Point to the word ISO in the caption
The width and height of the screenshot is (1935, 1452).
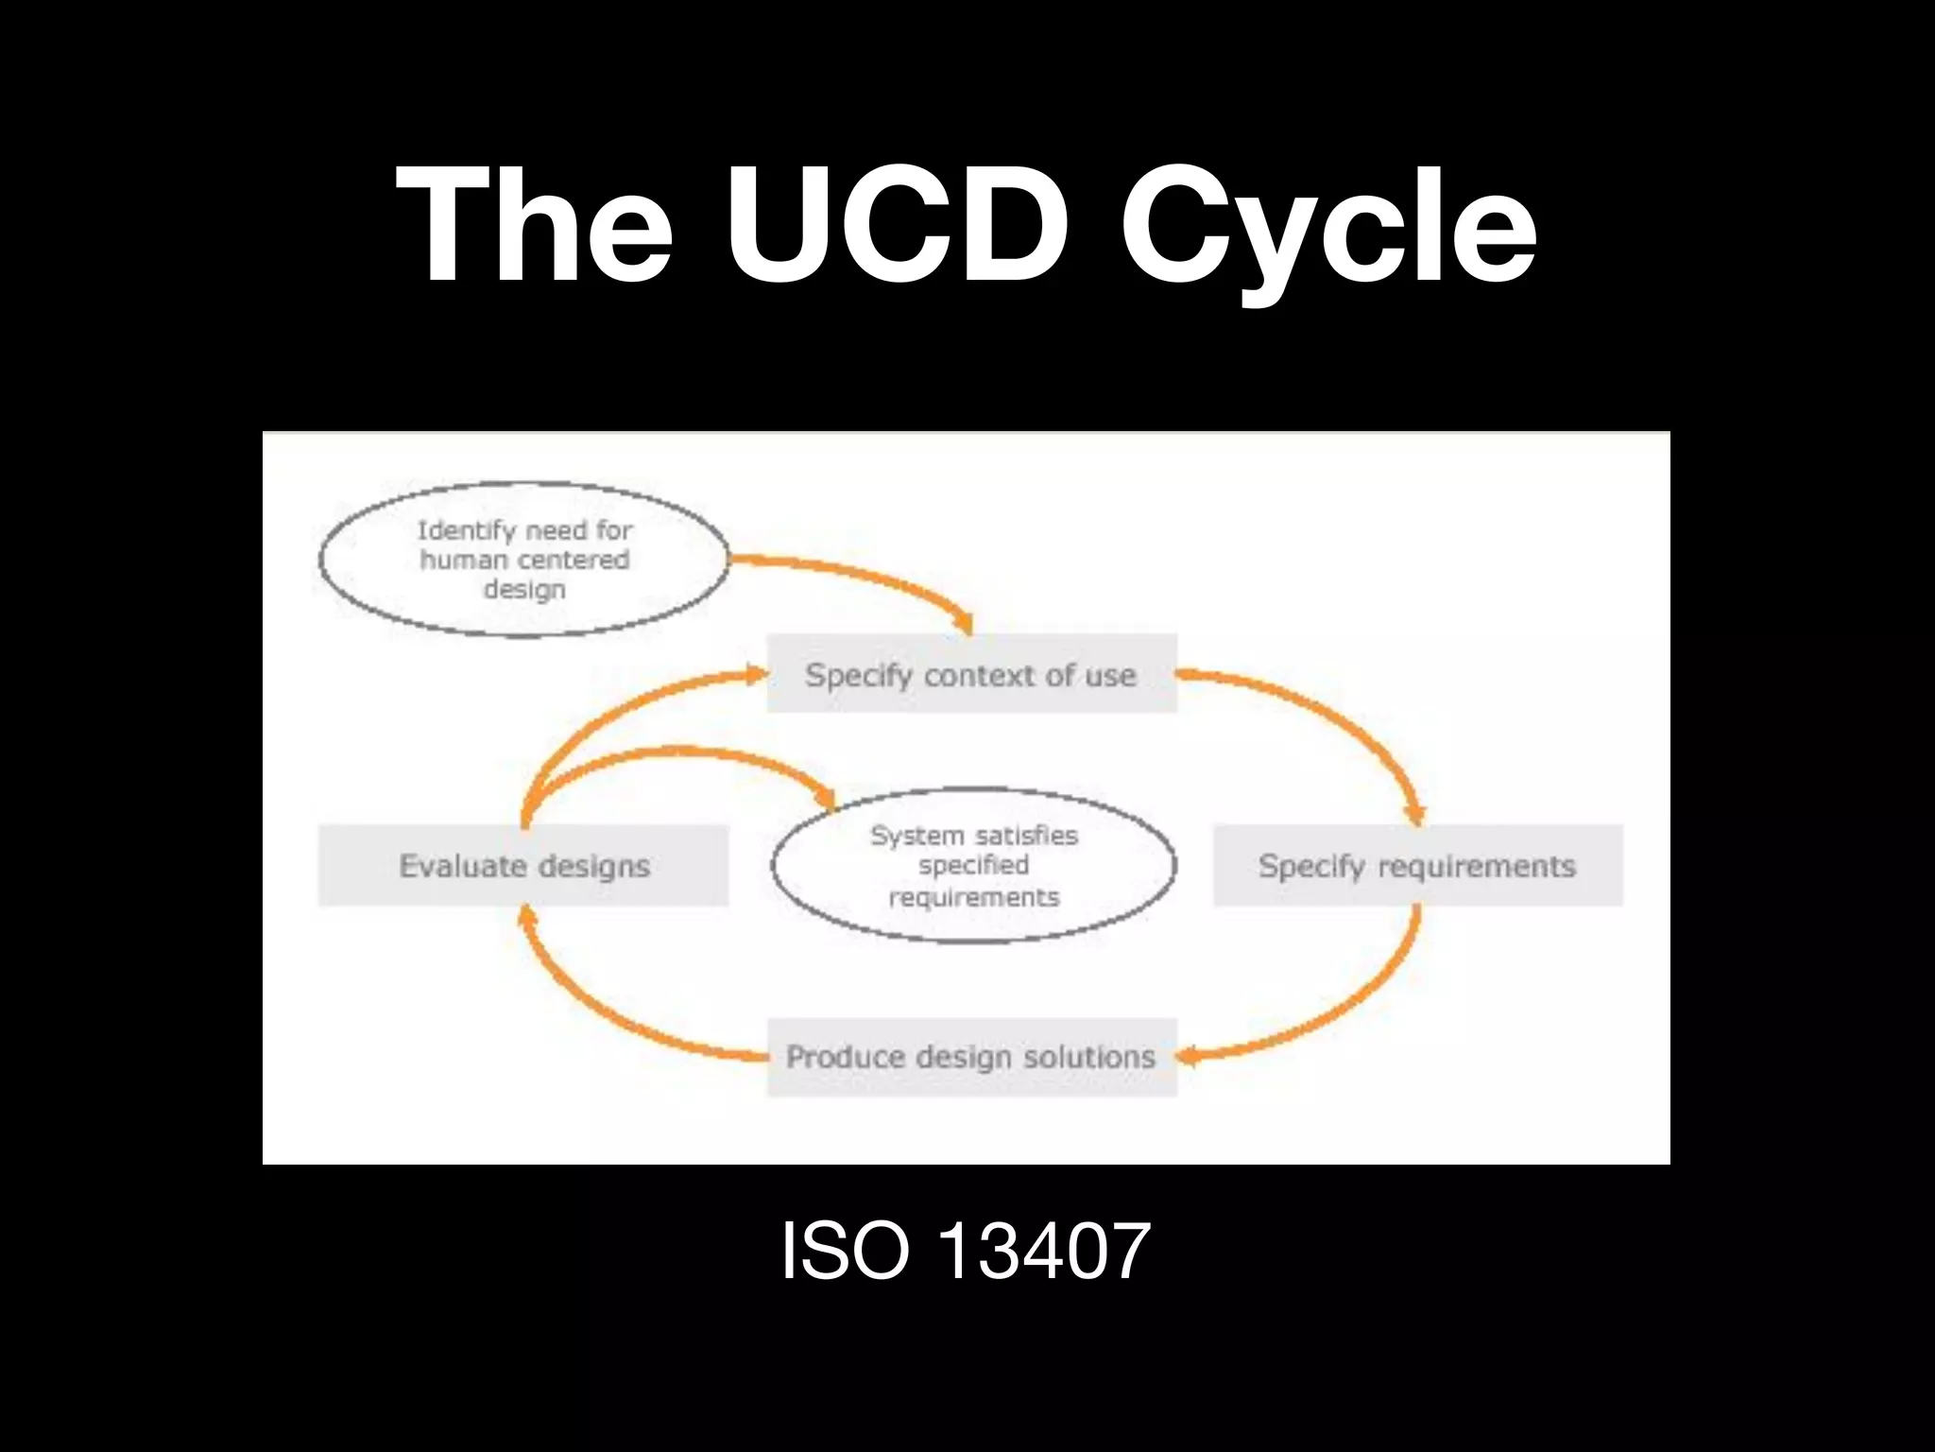(844, 1251)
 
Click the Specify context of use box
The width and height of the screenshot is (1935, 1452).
(971, 674)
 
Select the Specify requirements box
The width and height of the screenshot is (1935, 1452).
(1417, 865)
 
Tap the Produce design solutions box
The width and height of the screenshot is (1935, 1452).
(971, 1057)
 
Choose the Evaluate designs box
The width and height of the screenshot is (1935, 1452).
(523, 865)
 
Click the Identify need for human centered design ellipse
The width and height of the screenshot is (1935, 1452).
(524, 560)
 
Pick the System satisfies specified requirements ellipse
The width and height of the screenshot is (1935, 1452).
(973, 865)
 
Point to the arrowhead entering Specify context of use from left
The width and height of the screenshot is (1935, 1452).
(758, 674)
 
